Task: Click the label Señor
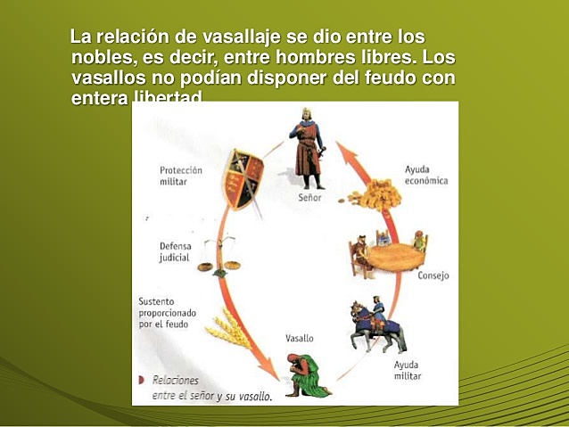coord(309,198)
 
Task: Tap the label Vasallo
coord(299,340)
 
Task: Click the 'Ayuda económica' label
coord(425,175)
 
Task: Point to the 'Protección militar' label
coord(181,176)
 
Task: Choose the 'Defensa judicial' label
coord(175,251)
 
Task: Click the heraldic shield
coord(243,176)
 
